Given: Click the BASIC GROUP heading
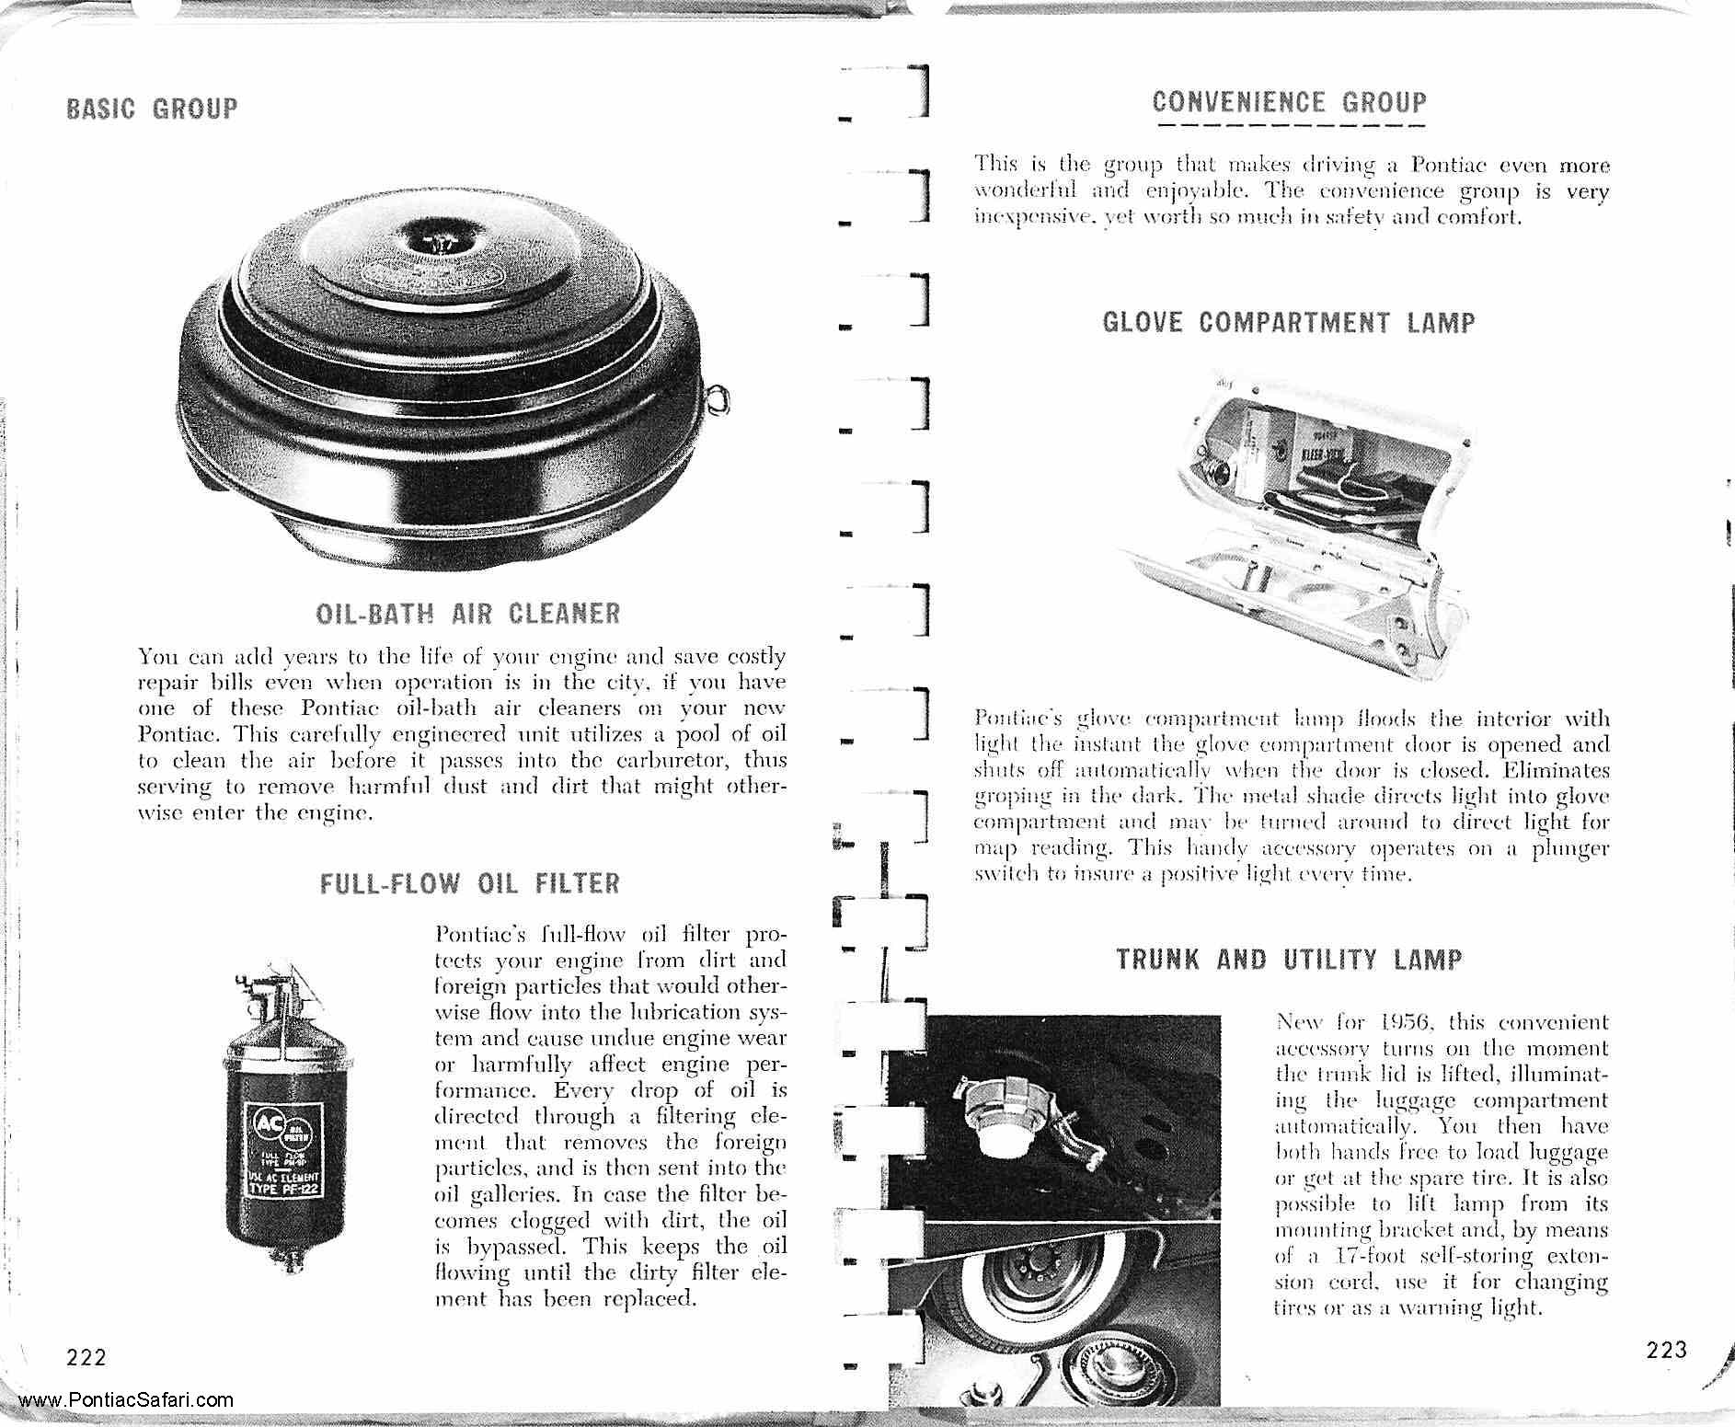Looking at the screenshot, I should pos(152,109).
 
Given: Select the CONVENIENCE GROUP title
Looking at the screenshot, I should pos(1289,103).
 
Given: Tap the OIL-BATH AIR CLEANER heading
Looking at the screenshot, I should pos(467,614).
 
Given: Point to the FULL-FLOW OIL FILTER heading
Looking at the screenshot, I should pos(470,884).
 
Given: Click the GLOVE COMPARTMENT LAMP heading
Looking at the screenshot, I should pos(1288,323).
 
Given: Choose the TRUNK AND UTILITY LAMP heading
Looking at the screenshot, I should pos(1289,961).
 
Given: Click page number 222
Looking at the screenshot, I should pos(86,1357).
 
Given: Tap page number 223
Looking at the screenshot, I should pos(1666,1350).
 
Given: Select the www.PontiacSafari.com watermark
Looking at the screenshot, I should pos(125,1401).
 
